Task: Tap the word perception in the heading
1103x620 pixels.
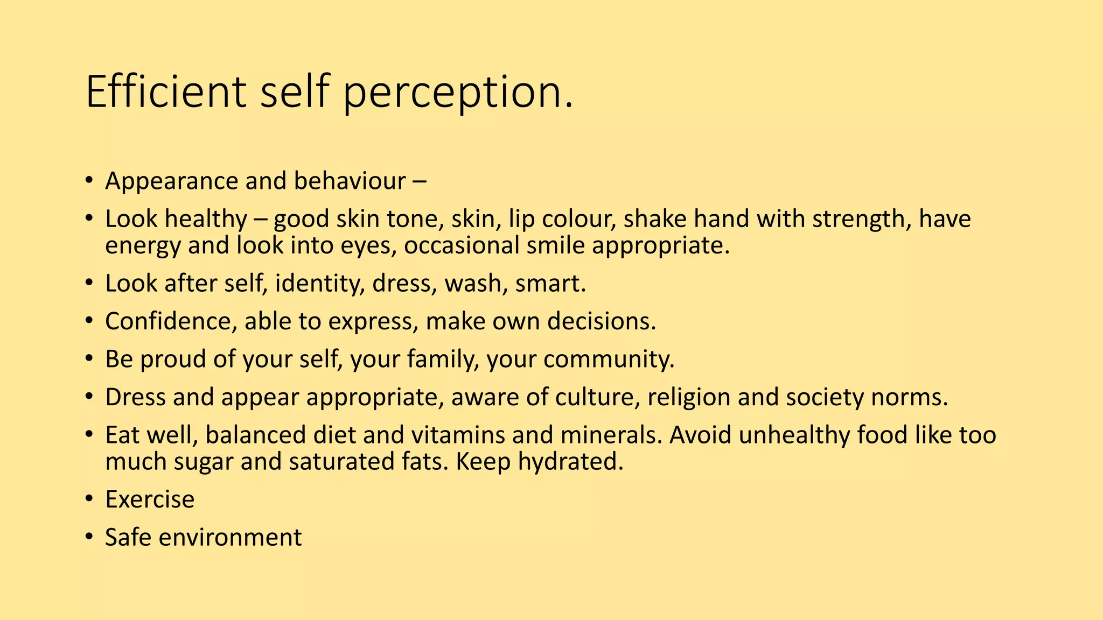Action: click(x=457, y=93)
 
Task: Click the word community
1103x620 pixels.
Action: click(x=609, y=359)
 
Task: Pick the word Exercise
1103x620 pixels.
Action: click(x=150, y=499)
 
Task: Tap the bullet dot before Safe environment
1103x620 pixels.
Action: click(x=89, y=537)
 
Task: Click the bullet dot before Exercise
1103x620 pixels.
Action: click(x=89, y=499)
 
